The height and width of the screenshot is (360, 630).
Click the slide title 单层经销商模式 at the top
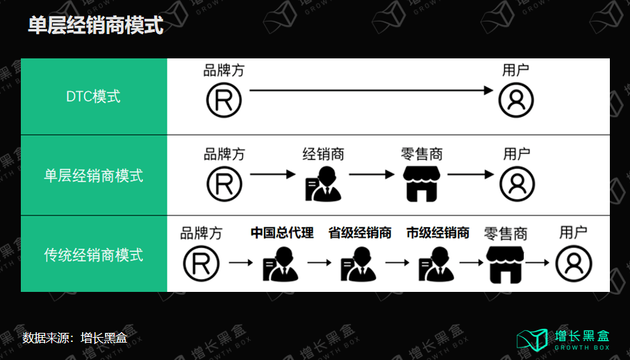[x=96, y=25]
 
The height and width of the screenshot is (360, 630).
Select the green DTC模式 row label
[x=93, y=97]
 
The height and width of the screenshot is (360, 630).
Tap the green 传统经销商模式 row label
[x=94, y=255]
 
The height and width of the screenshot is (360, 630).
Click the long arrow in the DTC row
[x=371, y=90]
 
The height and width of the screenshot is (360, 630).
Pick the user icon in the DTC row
[x=516, y=100]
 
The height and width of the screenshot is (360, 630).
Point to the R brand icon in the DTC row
[x=224, y=100]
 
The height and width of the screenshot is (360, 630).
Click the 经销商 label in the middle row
[x=324, y=154]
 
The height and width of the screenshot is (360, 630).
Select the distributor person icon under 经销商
[x=324, y=184]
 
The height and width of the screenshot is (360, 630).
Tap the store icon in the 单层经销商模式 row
[x=422, y=184]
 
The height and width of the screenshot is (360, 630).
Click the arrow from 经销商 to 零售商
[x=372, y=174]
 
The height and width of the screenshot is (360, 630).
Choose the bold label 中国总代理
[x=282, y=233]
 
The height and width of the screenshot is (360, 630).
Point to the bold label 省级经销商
[x=360, y=233]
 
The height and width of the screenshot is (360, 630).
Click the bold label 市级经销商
[x=438, y=233]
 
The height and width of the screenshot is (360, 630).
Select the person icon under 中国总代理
[x=281, y=264]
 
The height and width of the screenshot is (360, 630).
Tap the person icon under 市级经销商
[x=437, y=264]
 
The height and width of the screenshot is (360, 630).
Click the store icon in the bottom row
[x=505, y=265]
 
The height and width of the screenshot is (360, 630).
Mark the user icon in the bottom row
[x=574, y=264]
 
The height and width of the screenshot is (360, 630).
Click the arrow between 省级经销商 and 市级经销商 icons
[x=397, y=263]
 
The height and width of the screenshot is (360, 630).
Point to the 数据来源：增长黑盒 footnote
[x=75, y=338]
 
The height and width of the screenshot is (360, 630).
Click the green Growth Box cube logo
[x=532, y=340]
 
